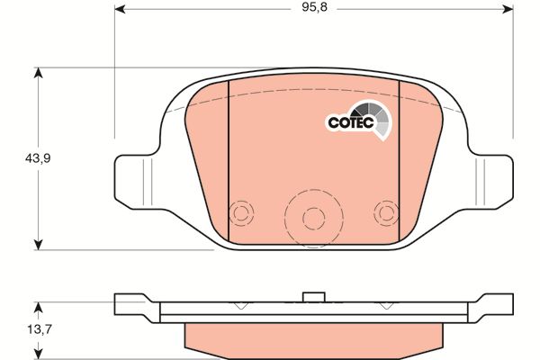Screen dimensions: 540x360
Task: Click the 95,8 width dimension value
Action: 314,7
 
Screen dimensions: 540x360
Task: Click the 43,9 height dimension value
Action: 38,158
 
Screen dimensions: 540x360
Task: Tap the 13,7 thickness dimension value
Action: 40,329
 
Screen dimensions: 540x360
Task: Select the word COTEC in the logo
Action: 351,122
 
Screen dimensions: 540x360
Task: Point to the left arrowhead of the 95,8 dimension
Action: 119,9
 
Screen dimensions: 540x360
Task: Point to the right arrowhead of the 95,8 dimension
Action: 508,9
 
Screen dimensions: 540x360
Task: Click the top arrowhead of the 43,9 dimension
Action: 38,73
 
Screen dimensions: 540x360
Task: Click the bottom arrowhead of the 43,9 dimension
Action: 38,245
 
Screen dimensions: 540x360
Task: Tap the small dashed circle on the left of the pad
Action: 241,213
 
